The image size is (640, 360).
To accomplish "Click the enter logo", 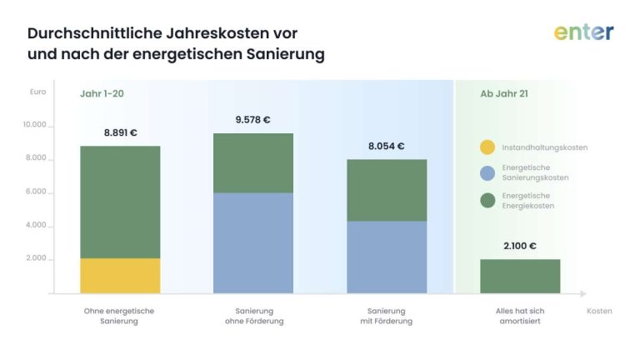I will click(583, 32).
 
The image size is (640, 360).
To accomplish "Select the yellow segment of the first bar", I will click(120, 276).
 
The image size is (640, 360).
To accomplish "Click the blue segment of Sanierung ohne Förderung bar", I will click(253, 243).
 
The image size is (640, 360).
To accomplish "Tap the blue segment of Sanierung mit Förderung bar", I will click(387, 257).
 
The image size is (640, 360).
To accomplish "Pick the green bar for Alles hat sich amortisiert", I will click(520, 276).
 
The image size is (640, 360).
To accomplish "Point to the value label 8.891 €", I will click(120, 132).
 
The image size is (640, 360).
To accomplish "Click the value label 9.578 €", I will click(252, 120).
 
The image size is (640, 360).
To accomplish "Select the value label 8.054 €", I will click(386, 146).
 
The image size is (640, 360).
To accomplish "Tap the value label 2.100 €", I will click(519, 246).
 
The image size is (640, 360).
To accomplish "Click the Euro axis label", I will click(37, 92).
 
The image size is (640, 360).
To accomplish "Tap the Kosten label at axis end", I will click(598, 311).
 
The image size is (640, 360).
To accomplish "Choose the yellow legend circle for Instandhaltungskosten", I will click(487, 147).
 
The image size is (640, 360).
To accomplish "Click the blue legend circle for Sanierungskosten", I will click(487, 173).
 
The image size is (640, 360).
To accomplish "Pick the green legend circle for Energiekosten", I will click(487, 200).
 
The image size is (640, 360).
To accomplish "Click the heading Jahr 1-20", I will click(102, 94).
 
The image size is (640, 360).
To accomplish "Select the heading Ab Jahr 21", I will click(503, 94).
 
